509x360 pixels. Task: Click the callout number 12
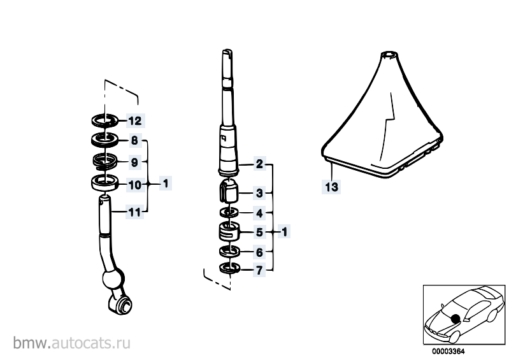point(135,121)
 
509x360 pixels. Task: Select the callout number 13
point(331,187)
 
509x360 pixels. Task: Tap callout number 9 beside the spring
point(134,162)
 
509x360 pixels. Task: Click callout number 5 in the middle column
point(259,232)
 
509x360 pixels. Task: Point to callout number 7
point(259,270)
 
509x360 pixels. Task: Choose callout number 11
point(134,213)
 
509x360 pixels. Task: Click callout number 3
point(259,193)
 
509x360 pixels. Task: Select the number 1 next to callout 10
point(166,184)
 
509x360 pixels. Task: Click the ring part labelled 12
point(104,121)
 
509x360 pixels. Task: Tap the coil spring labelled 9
point(104,162)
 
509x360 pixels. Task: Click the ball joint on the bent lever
point(113,278)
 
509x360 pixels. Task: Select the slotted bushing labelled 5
point(229,231)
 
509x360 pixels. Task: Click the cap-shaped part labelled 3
point(227,191)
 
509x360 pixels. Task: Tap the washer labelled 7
point(229,268)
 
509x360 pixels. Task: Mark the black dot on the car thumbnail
point(455,319)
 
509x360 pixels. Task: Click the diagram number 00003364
point(448,352)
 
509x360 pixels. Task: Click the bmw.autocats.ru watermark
point(72,343)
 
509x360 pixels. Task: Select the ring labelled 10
point(104,182)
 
